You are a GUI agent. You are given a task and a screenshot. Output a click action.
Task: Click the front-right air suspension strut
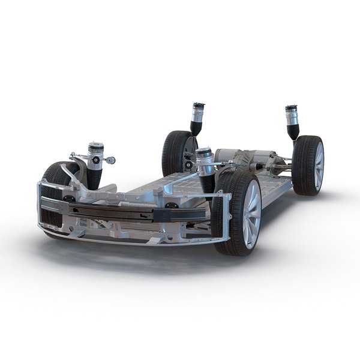click(x=205, y=168)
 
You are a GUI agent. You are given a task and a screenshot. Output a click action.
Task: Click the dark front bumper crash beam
click(x=120, y=211)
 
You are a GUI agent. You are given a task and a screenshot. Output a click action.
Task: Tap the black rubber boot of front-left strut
click(x=94, y=178)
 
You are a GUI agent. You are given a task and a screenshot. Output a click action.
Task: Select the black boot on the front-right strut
click(x=206, y=182)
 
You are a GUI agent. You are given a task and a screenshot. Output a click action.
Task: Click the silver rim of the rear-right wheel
click(x=319, y=166)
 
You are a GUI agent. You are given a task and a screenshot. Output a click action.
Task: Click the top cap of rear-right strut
click(x=292, y=109)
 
